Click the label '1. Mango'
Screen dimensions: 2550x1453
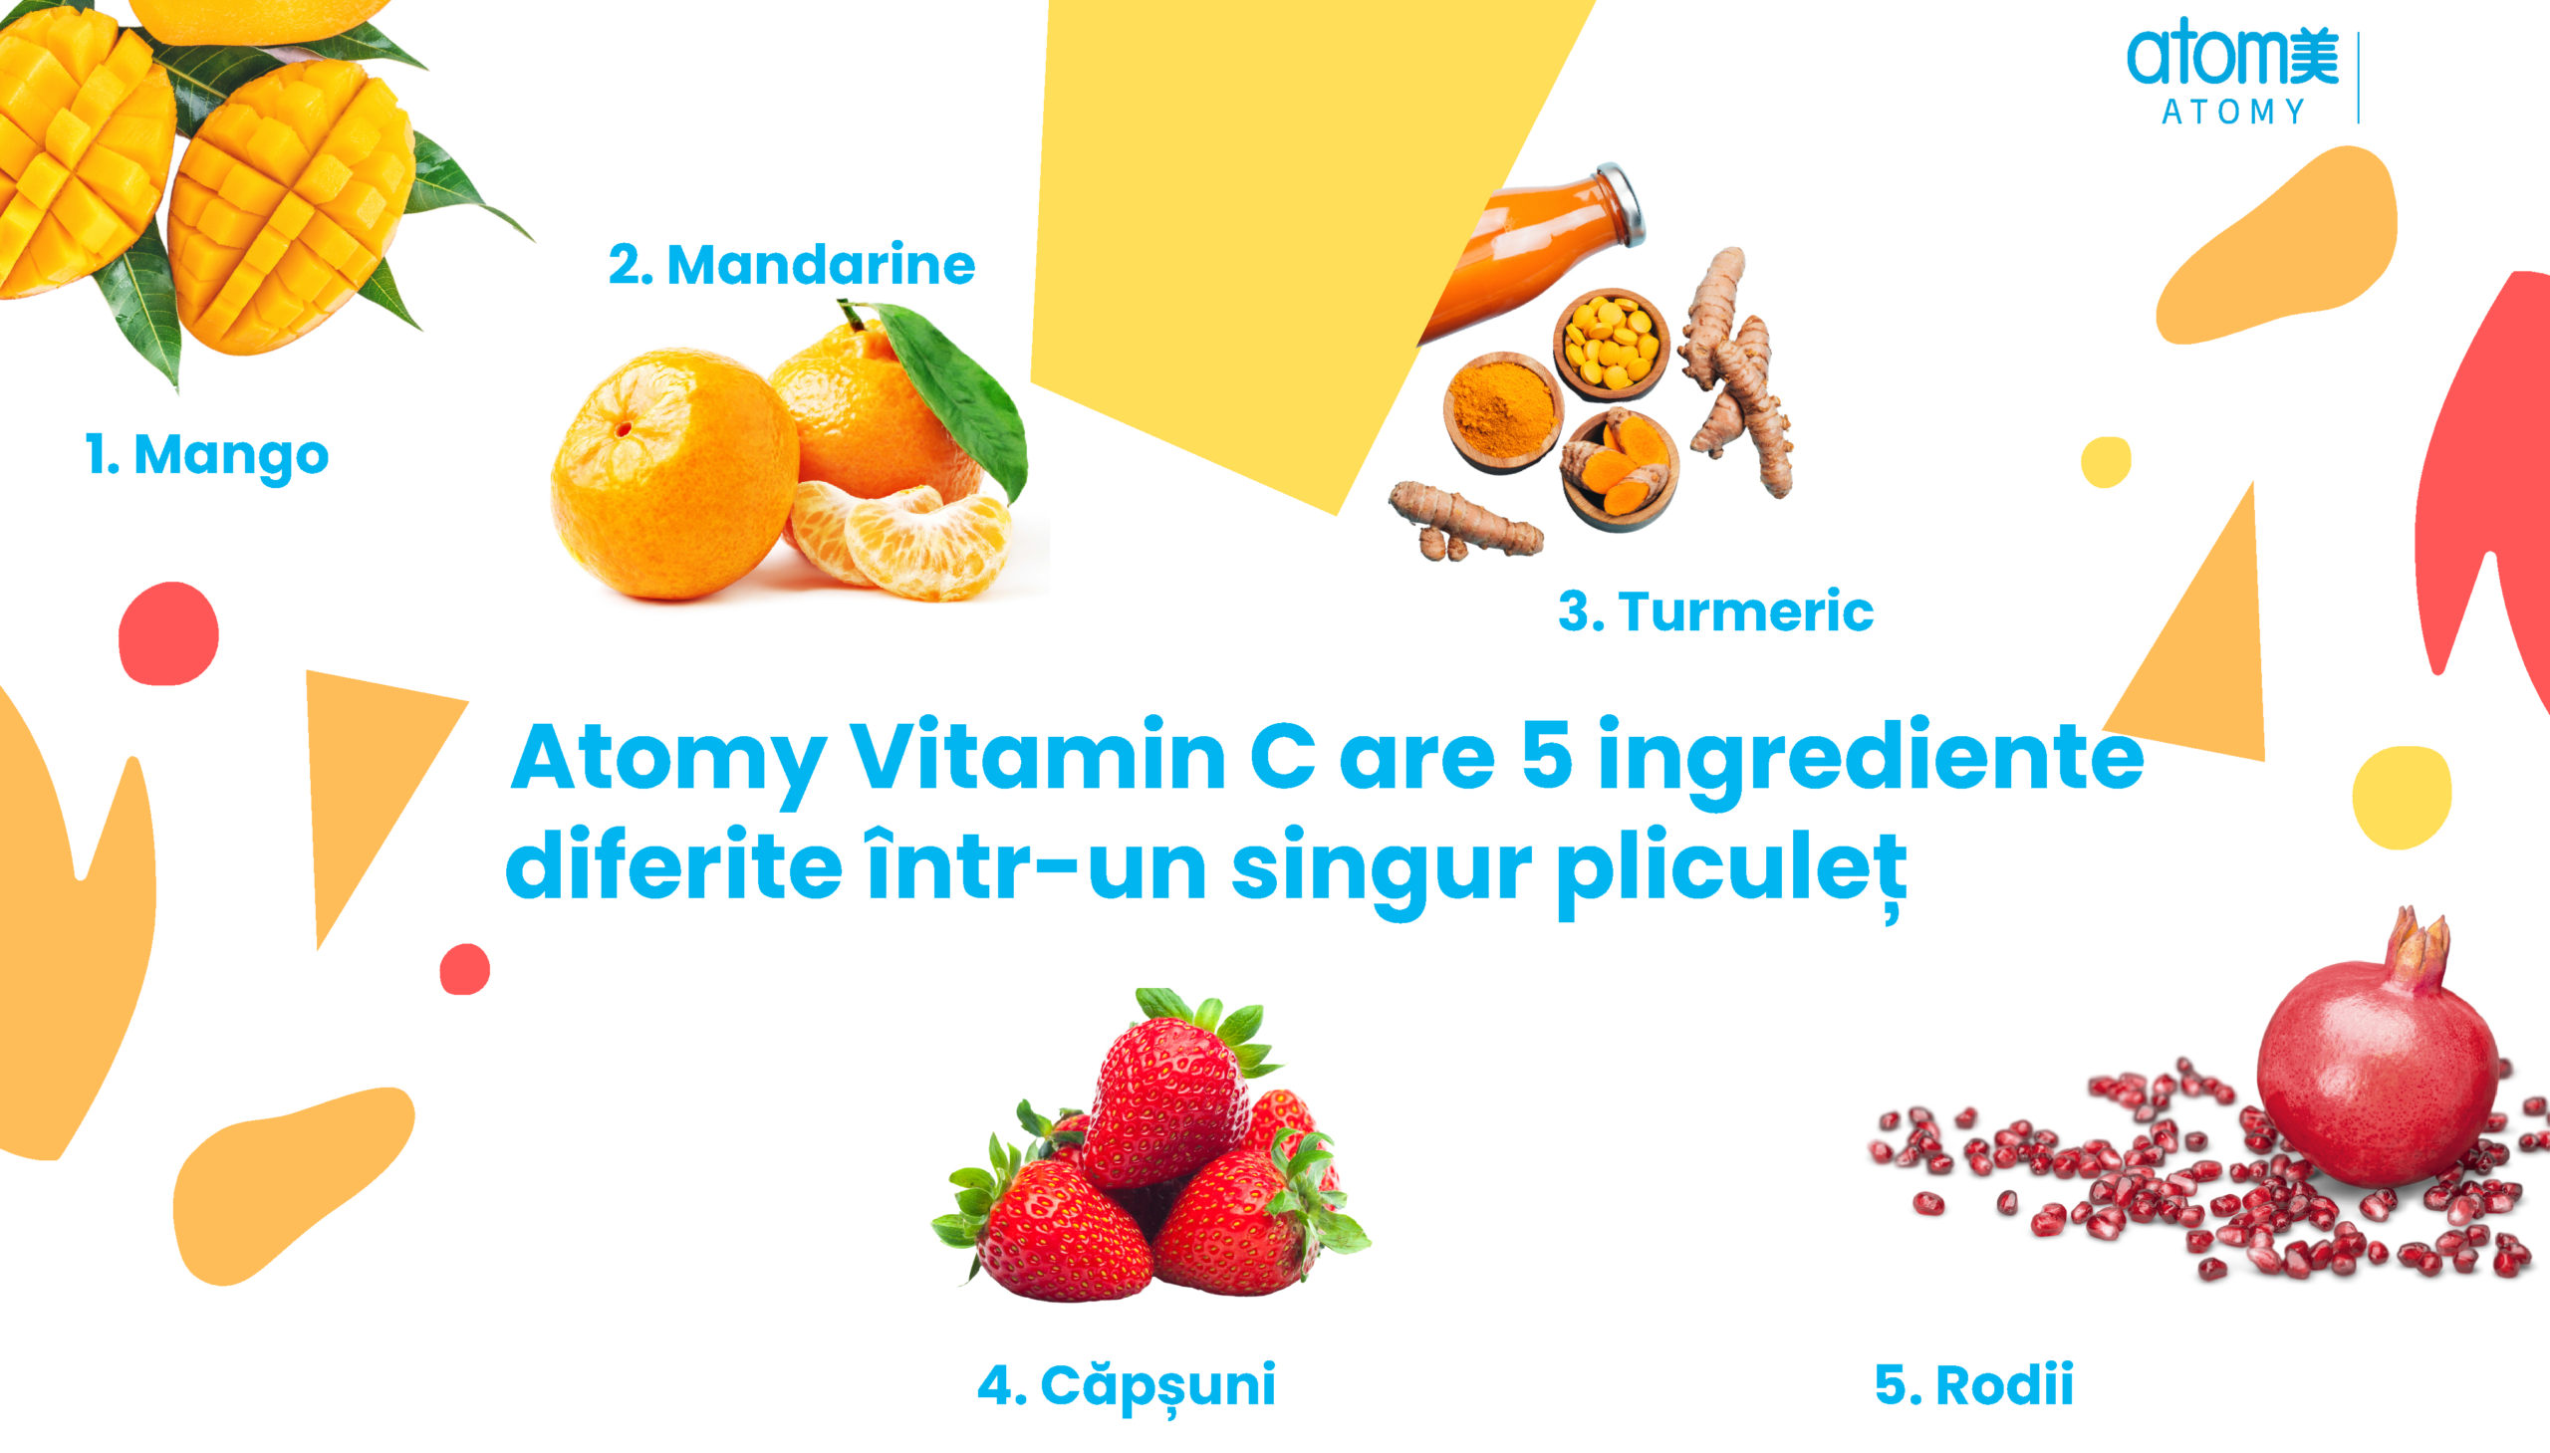[206, 456]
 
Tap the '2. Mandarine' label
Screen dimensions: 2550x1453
[792, 266]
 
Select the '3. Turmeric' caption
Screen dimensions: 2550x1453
[1715, 611]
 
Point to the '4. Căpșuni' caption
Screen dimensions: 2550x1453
[1126, 1386]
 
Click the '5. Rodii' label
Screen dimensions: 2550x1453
[1973, 1385]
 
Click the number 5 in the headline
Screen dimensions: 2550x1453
[1547, 756]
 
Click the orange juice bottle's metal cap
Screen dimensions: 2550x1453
[1622, 202]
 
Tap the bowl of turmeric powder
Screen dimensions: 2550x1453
[1502, 412]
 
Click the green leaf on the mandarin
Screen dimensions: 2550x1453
[955, 395]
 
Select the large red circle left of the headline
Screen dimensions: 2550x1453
[167, 633]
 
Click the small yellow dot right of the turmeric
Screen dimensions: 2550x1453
[2106, 462]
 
